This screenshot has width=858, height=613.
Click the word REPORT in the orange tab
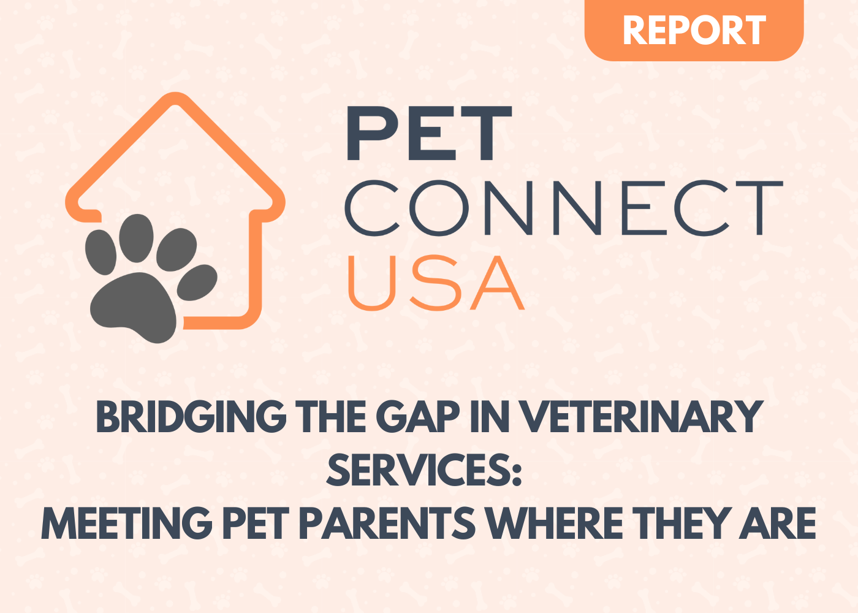(694, 30)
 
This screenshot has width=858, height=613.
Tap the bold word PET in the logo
(429, 134)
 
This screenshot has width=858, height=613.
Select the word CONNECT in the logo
(563, 208)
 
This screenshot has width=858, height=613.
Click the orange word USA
(436, 283)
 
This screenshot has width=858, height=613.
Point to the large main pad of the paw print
(134, 306)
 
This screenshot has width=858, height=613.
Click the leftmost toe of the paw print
(101, 252)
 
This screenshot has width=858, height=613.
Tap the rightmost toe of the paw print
(197, 283)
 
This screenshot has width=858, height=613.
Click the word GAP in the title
(418, 417)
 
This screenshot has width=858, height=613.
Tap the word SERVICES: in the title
(424, 470)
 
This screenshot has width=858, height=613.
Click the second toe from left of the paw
(136, 238)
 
